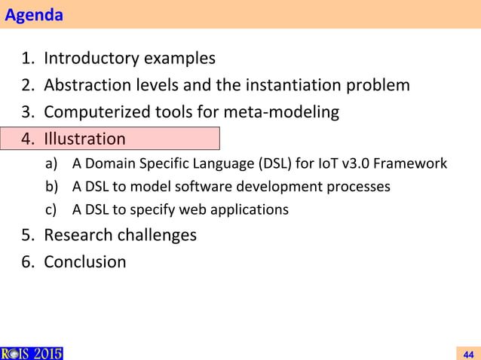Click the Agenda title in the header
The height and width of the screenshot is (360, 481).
coord(34,15)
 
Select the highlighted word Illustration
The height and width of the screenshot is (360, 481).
coord(84,139)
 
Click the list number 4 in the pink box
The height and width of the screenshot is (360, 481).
coord(27,139)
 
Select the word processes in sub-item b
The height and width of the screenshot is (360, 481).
coord(363,186)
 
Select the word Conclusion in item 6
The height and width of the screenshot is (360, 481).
coord(84,262)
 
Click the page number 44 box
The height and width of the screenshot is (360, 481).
coord(467,353)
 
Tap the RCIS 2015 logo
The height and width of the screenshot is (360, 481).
coord(32,353)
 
